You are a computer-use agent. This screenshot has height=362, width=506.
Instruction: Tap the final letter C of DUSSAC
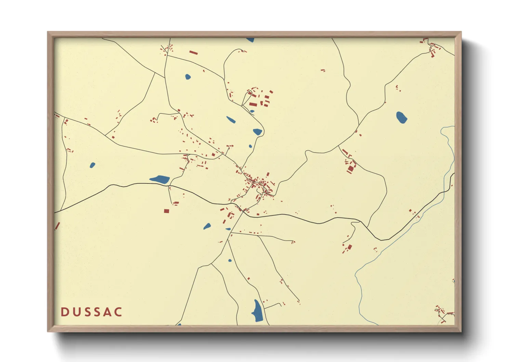118,312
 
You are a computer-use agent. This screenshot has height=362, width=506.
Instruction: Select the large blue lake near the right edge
401,117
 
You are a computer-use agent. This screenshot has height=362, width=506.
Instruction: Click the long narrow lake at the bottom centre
258,311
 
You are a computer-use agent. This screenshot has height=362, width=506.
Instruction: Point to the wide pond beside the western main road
160,179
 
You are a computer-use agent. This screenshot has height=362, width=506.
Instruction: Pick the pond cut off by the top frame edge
250,40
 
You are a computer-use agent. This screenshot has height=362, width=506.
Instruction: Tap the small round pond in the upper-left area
188,77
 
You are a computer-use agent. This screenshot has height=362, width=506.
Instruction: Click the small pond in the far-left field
92,165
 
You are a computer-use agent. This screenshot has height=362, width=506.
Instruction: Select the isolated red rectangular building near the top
194,52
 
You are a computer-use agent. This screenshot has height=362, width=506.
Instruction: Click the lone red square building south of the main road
167,211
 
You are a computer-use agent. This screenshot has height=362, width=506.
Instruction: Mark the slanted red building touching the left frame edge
57,226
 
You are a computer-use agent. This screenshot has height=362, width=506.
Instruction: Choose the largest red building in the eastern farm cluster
350,169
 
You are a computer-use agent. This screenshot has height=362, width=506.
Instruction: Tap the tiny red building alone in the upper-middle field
322,70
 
